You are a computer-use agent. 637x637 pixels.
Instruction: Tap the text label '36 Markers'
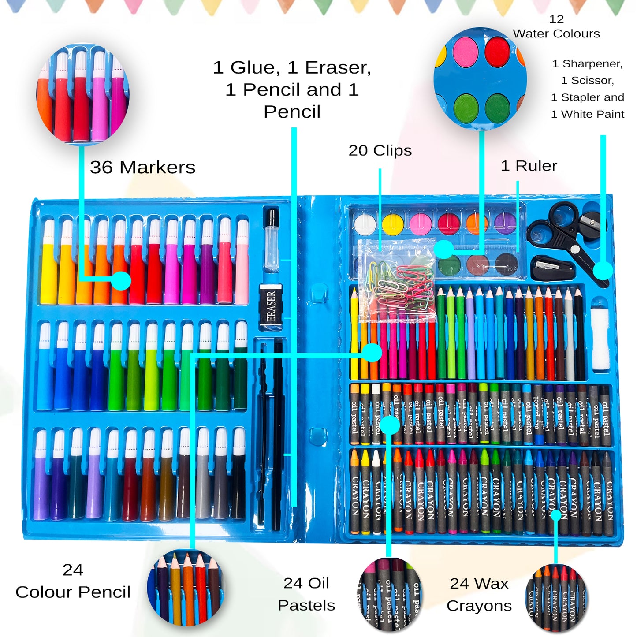[142, 167]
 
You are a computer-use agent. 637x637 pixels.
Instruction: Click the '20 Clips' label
[380, 150]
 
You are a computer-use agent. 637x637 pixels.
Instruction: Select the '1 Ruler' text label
[529, 166]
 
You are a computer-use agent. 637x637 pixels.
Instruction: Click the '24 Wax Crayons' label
[479, 594]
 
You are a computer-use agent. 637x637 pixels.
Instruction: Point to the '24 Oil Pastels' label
[306, 594]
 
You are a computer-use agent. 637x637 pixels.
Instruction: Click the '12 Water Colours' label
[556, 26]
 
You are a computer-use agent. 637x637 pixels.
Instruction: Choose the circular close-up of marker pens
[83, 94]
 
